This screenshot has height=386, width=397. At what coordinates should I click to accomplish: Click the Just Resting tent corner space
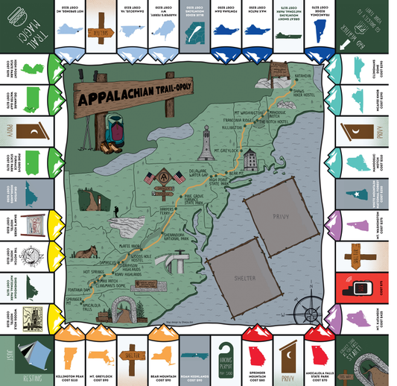(x=25, y=358)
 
